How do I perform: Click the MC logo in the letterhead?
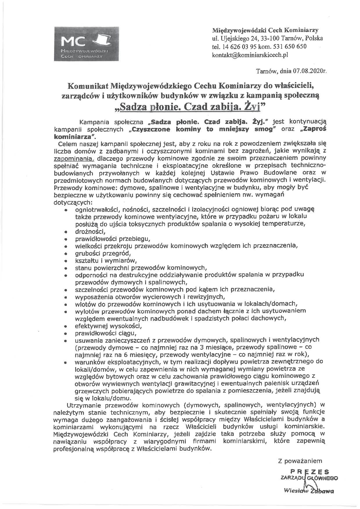(x=86, y=43)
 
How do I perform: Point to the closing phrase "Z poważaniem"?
(x=300, y=461)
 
